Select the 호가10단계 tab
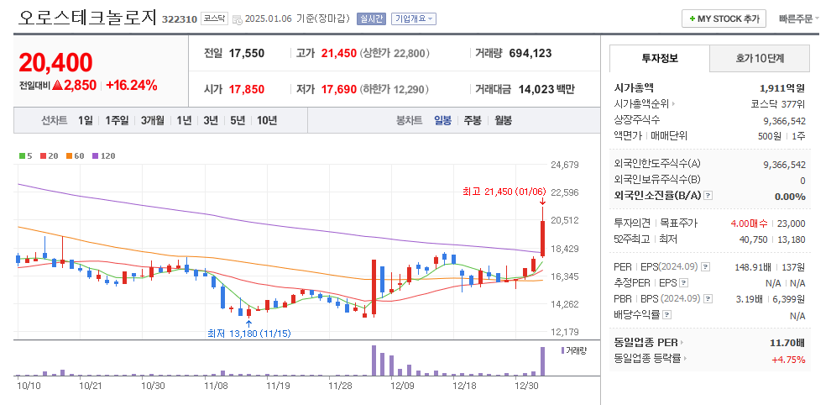click(760, 58)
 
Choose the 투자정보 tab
click(659, 58)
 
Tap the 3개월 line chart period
click(153, 120)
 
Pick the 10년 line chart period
click(267, 120)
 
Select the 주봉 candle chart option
click(473, 120)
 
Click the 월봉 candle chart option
click(503, 120)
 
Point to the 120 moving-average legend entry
click(105, 155)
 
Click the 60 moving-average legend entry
click(76, 155)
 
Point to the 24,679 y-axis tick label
click(565, 165)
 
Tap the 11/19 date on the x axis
click(278, 386)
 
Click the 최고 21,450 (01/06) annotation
click(498, 191)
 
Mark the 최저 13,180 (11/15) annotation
click(249, 333)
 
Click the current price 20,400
click(55, 62)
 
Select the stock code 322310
click(180, 19)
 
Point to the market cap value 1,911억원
click(782, 87)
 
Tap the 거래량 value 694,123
click(530, 53)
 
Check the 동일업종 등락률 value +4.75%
click(788, 359)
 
